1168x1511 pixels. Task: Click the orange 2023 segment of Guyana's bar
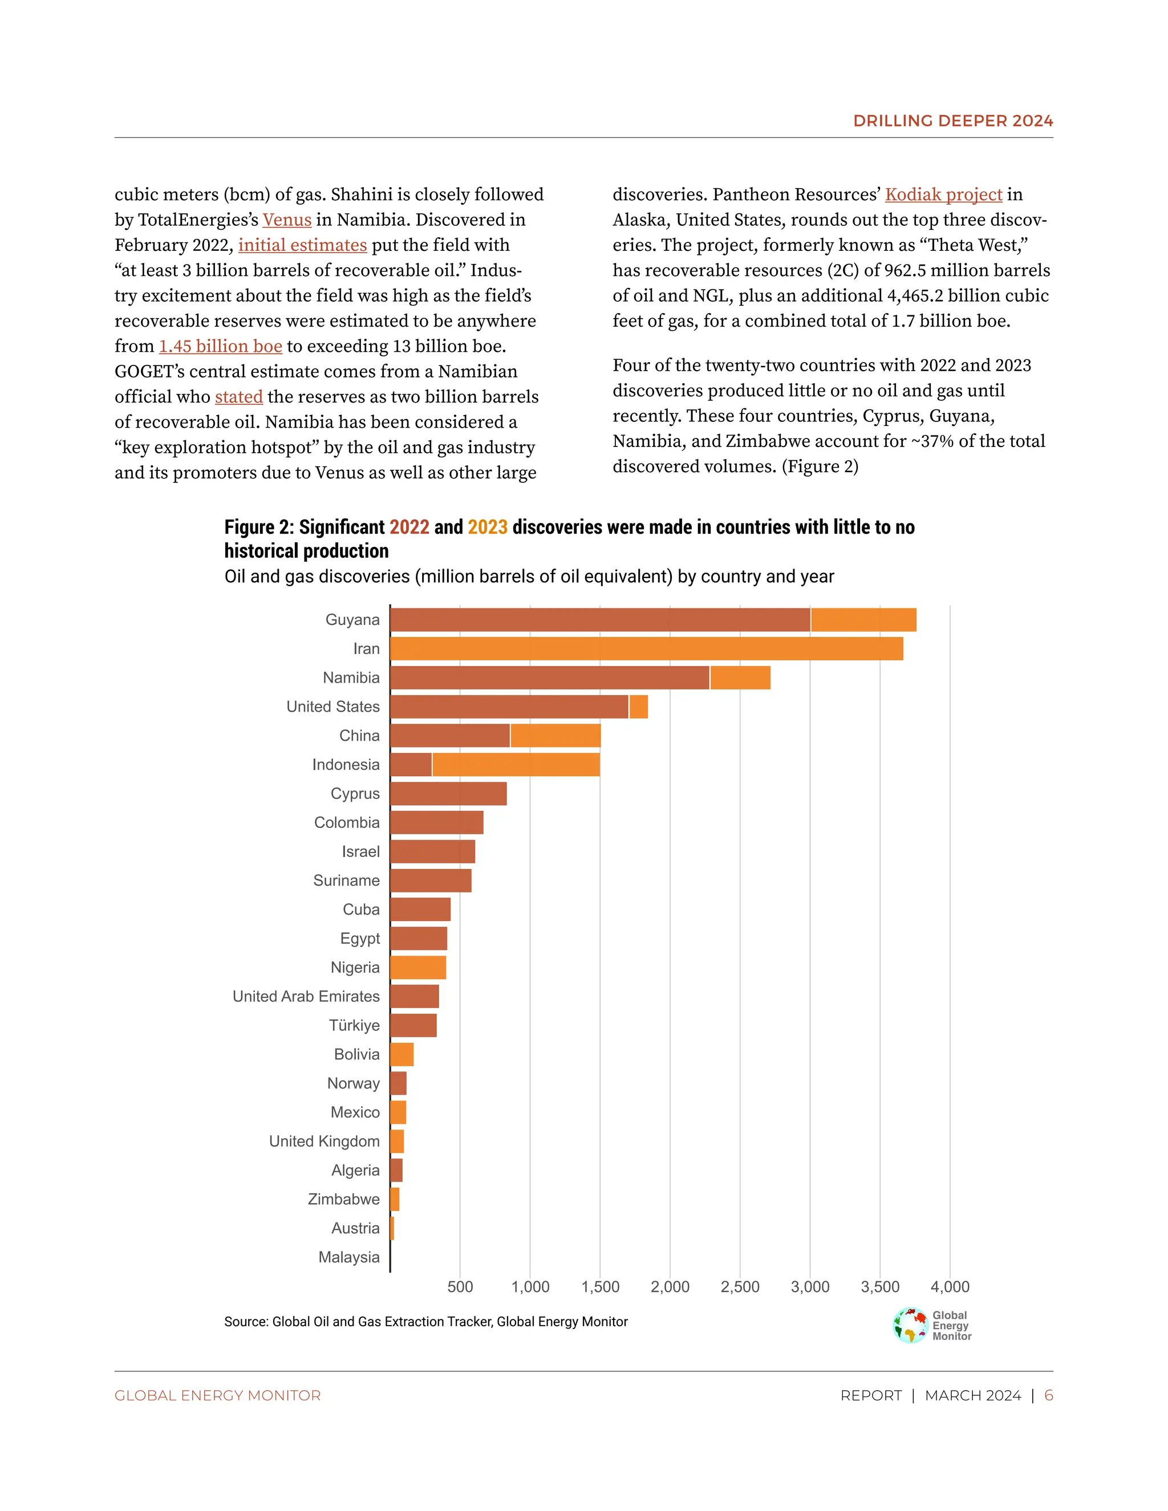[863, 620]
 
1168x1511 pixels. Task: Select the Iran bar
[646, 649]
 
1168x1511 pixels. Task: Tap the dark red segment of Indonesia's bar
[411, 765]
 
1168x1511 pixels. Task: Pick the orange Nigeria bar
[418, 967]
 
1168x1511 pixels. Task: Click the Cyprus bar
[448, 794]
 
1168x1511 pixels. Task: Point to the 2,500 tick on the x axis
[740, 1287]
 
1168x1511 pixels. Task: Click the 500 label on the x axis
[460, 1287]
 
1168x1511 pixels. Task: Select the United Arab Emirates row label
[306, 996]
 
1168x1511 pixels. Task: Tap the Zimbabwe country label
[343, 1199]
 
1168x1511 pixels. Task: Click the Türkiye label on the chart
[354, 1025]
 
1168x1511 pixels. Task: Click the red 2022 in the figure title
[409, 527]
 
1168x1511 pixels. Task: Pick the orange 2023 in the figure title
[487, 527]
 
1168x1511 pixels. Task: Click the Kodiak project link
[943, 194]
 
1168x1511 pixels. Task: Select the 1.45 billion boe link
[220, 346]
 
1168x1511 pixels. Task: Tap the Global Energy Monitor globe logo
[910, 1326]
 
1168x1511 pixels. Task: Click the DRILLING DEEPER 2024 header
[953, 120]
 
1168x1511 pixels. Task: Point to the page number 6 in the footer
[1048, 1395]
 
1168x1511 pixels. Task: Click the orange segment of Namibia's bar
[740, 678]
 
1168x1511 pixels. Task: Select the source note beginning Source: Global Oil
[425, 1322]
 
